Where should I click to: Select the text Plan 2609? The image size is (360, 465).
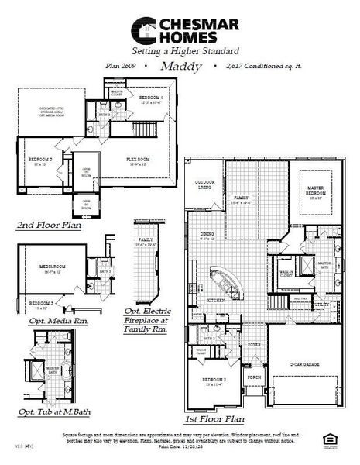tap(121, 67)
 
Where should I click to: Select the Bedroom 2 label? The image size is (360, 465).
tap(213, 380)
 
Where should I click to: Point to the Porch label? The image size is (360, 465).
tap(254, 380)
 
